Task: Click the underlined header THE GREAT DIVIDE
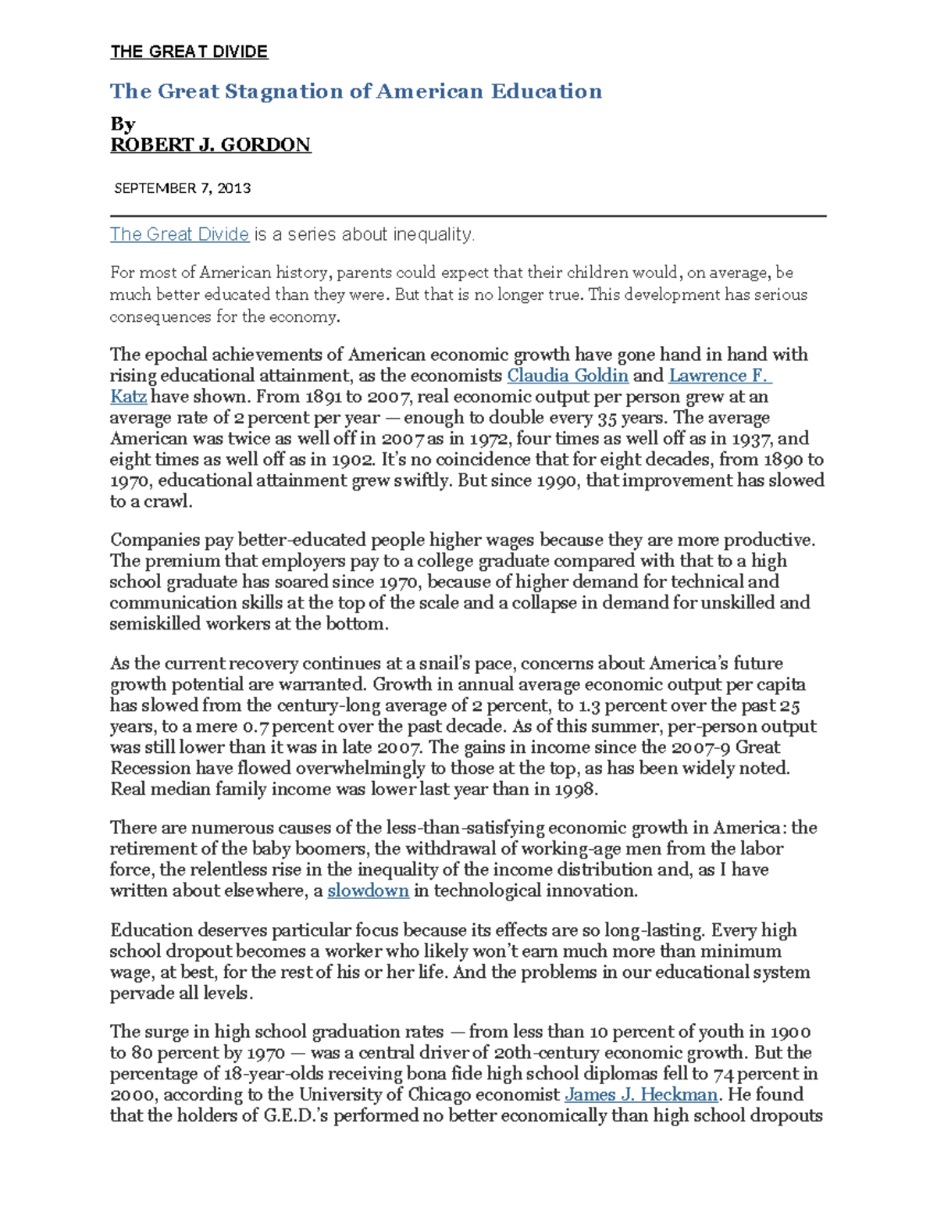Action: click(189, 52)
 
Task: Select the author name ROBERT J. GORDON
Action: click(210, 145)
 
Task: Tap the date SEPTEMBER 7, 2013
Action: click(182, 188)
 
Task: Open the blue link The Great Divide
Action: click(179, 234)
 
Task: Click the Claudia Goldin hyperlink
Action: click(568, 376)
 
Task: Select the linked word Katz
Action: click(128, 397)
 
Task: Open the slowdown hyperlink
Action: click(368, 891)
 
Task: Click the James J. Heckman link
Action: click(640, 1095)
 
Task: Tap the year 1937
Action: click(751, 439)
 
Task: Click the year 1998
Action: click(575, 790)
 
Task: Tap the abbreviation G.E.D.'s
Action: click(297, 1116)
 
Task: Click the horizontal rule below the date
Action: click(468, 215)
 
